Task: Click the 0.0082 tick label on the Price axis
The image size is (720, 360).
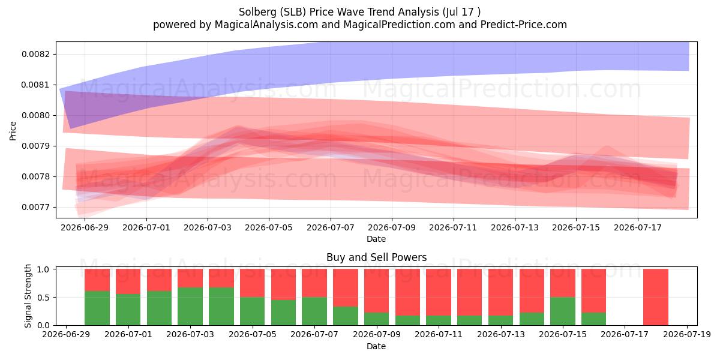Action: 36,55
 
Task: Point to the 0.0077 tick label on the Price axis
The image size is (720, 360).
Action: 36,208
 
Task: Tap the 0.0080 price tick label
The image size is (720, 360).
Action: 36,115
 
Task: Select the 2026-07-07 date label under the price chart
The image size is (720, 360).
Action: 331,227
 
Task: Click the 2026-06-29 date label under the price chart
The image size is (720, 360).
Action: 85,227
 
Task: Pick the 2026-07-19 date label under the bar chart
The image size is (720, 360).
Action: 687,335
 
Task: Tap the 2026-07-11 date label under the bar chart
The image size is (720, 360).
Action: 439,335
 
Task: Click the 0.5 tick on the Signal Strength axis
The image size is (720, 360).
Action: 43,298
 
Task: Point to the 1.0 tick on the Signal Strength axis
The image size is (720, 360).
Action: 43,269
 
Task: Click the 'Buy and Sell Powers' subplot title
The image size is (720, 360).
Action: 376,257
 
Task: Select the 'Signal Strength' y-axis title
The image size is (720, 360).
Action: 28,296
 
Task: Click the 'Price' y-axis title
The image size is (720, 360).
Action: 13,131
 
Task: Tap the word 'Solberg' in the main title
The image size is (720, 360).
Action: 257,12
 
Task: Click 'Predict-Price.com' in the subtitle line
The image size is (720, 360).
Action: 524,25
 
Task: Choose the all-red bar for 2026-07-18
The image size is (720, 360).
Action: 656,298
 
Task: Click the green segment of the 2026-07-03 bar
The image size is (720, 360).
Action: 190,307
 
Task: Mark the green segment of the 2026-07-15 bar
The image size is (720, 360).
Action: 563,311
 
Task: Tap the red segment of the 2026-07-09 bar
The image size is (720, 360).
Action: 376,291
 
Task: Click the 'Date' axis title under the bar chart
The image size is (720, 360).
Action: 376,347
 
